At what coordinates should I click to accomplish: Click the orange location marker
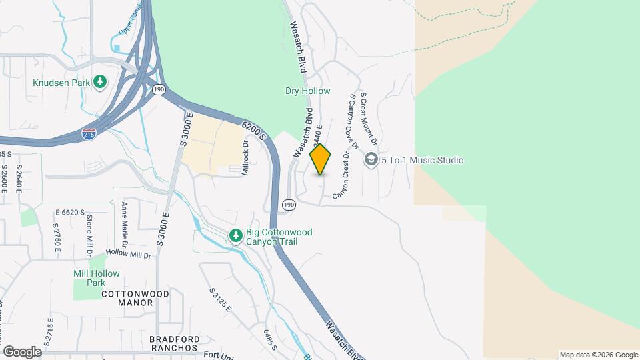tap(321, 159)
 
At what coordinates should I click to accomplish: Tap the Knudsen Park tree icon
tap(100, 82)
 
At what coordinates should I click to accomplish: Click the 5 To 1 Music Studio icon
tap(371, 160)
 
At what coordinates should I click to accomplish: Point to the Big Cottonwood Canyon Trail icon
tap(235, 236)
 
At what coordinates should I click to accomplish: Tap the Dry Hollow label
tap(307, 91)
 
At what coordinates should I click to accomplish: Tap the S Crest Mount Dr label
tap(369, 120)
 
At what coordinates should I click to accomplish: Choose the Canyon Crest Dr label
tap(341, 175)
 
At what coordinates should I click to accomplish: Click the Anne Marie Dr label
tap(124, 225)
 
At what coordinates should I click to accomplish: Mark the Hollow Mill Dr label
tap(129, 255)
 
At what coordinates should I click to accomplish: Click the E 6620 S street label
tap(70, 213)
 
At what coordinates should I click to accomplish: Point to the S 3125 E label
tap(220, 300)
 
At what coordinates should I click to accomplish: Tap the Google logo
tap(22, 351)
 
